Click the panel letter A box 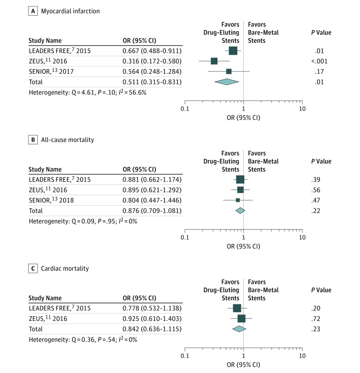coord(33,11)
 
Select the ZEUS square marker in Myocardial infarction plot coord(214,61)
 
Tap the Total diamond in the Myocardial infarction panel coord(227,82)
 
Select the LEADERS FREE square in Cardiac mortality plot coord(237,308)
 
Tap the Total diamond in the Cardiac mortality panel coord(239,329)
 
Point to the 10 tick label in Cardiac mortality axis coord(302,355)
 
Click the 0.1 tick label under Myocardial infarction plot coord(185,109)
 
